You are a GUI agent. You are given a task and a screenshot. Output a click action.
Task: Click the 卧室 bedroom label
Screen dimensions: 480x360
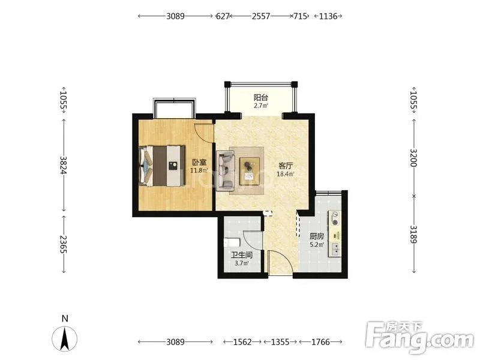[199, 162]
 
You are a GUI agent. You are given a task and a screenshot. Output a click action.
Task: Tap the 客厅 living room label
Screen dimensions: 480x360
[286, 166]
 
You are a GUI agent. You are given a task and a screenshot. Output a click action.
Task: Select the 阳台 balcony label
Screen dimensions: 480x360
[261, 98]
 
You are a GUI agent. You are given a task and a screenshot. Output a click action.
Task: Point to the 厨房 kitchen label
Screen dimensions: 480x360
[317, 236]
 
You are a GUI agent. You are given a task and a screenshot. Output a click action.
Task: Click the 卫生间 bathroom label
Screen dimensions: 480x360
[242, 255]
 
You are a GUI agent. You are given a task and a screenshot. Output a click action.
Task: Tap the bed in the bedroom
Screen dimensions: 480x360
[162, 166]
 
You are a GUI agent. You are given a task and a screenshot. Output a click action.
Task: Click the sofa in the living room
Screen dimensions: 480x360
[226, 170]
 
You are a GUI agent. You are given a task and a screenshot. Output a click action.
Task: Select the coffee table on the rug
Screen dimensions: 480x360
[250, 171]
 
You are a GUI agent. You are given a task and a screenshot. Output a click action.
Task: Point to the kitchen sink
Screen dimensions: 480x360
[335, 249]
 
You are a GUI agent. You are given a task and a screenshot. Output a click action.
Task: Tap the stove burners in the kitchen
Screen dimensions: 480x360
[335, 218]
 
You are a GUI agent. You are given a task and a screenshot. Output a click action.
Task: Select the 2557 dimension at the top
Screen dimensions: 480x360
[261, 16]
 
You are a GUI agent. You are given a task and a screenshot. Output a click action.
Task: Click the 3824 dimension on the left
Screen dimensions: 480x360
[64, 166]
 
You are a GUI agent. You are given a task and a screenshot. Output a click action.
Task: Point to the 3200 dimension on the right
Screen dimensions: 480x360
[413, 158]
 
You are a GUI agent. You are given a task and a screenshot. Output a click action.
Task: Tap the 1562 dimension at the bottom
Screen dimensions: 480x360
[242, 341]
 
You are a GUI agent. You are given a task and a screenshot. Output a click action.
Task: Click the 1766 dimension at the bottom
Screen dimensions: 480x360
[320, 341]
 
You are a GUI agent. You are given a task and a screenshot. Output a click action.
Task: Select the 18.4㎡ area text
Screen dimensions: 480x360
[286, 174]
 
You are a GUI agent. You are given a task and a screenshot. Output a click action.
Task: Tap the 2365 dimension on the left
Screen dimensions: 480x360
[64, 244]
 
